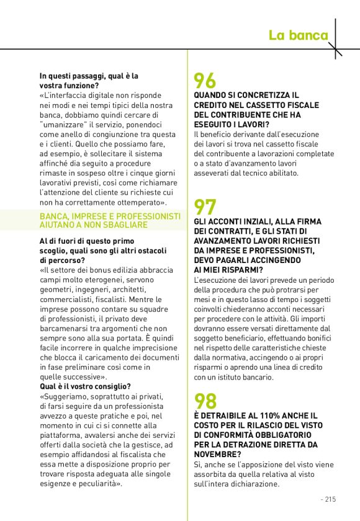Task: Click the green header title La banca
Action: (298, 35)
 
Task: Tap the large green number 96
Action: (205, 81)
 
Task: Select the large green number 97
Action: (205, 207)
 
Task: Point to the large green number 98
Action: (205, 401)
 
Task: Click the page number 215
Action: (330, 498)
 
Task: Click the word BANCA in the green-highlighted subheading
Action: (53, 216)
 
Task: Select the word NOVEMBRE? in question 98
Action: (217, 454)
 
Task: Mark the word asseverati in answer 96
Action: (214, 172)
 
